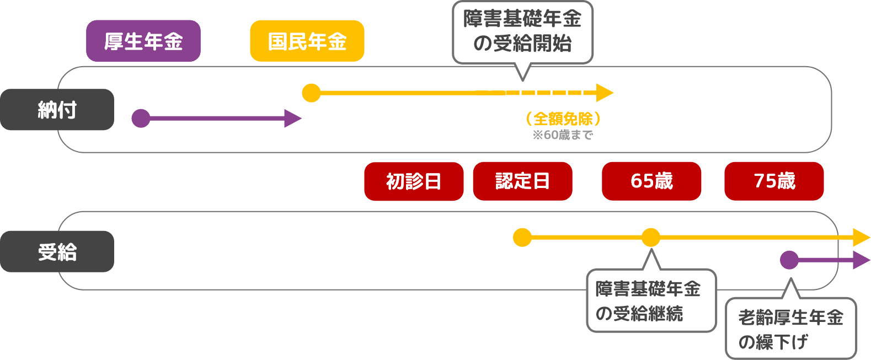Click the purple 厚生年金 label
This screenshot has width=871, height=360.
click(143, 41)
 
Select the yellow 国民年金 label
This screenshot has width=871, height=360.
click(307, 41)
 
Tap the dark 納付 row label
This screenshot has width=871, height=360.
click(57, 110)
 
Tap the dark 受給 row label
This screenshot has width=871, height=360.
click(57, 251)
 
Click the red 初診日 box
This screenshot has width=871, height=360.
click(414, 181)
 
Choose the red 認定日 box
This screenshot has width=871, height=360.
click(522, 181)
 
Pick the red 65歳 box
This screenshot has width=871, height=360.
click(651, 181)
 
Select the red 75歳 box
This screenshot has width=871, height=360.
click(774, 181)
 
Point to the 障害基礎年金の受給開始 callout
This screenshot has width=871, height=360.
click(522, 32)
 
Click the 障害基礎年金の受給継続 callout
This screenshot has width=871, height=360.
click(651, 300)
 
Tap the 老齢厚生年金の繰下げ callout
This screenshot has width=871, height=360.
click(790, 329)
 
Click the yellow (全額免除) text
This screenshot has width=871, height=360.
click(563, 119)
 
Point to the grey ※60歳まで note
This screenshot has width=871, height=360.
click(563, 135)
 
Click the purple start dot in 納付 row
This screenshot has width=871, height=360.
click(141, 118)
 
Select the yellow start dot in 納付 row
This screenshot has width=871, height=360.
click(312, 93)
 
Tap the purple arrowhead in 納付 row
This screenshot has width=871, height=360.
click(292, 118)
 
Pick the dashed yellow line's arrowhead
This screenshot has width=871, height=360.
click(605, 93)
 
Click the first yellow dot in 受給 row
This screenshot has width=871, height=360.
click(522, 238)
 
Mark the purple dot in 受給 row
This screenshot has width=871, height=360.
click(789, 260)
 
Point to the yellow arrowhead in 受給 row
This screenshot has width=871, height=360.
click(861, 238)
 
